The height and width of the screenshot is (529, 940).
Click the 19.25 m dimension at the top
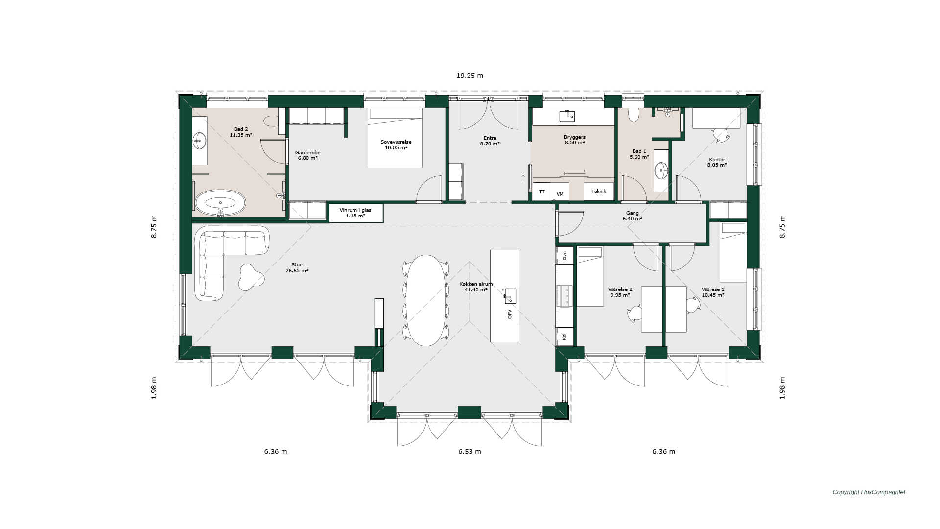pos(470,76)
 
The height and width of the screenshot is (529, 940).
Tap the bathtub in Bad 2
pos(220,203)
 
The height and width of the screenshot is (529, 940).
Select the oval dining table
pos(426,300)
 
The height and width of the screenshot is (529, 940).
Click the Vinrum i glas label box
pos(356,213)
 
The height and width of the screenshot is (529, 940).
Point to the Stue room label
pos(297,268)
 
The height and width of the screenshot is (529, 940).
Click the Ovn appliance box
pos(564,255)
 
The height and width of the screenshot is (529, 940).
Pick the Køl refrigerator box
pos(564,337)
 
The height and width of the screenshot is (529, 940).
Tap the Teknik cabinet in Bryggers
pos(599,192)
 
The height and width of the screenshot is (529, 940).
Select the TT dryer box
pos(542,192)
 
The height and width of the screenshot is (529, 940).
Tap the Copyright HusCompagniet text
pos(869,492)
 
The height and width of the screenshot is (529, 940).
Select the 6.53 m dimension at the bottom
pos(470,452)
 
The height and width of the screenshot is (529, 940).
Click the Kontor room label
pos(717,162)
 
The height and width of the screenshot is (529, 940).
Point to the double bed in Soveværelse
pos(395,138)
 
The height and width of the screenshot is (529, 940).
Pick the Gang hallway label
pos(633,216)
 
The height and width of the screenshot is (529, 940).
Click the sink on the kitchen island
pos(510,296)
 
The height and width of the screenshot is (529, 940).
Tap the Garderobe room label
pos(308,155)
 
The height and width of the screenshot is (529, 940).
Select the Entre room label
pos(490,141)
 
